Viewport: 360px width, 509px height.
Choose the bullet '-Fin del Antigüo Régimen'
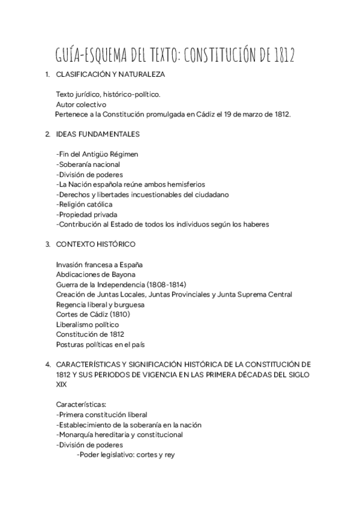pos(97,154)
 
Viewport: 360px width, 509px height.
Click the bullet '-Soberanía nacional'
pos(88,164)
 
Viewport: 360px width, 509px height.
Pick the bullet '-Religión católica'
pos(84,205)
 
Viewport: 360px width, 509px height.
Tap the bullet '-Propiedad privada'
pos(86,214)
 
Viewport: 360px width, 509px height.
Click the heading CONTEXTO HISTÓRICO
pos(95,244)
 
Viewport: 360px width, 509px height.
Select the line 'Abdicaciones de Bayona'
pos(95,274)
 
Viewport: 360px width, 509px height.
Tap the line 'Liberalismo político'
pos(87,325)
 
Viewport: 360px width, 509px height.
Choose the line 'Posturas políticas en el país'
pos(100,345)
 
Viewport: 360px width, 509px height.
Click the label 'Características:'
pos(80,405)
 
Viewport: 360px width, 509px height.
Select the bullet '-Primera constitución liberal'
pos(101,415)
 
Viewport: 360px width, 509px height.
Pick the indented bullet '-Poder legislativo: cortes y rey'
pos(126,455)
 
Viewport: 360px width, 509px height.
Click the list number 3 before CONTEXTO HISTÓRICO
pos(47,244)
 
